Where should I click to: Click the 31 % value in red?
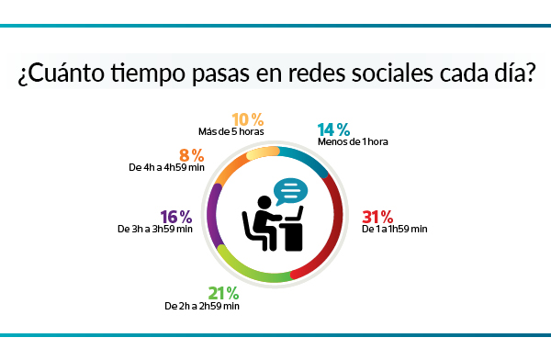[377, 217]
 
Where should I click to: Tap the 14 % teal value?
[333, 129]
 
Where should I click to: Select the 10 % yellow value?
[247, 119]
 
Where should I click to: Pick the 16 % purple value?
[175, 217]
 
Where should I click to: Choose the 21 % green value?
[223, 293]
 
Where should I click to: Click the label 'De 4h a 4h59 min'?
[161, 168]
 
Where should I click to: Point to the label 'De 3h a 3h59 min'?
[154, 230]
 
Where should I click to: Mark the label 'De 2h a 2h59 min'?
[201, 306]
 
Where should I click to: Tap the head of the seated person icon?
[264, 202]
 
